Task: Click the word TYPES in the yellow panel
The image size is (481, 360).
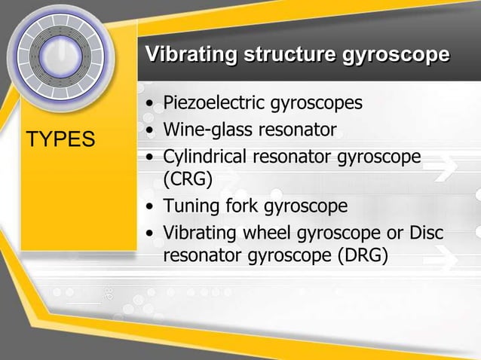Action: point(60,139)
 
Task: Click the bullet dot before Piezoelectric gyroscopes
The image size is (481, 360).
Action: point(152,102)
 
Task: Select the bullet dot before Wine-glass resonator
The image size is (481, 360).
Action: point(152,130)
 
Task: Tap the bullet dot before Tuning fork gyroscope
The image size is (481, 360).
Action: point(152,206)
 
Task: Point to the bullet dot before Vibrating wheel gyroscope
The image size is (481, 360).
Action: point(152,233)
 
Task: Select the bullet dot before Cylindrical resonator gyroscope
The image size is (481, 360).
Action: point(152,158)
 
